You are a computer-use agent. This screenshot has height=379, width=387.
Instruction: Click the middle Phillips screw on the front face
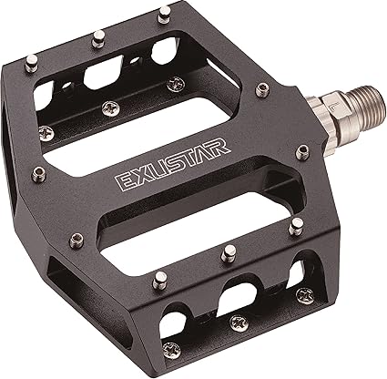(239, 320)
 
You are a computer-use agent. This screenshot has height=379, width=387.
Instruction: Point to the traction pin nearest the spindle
(264, 88)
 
